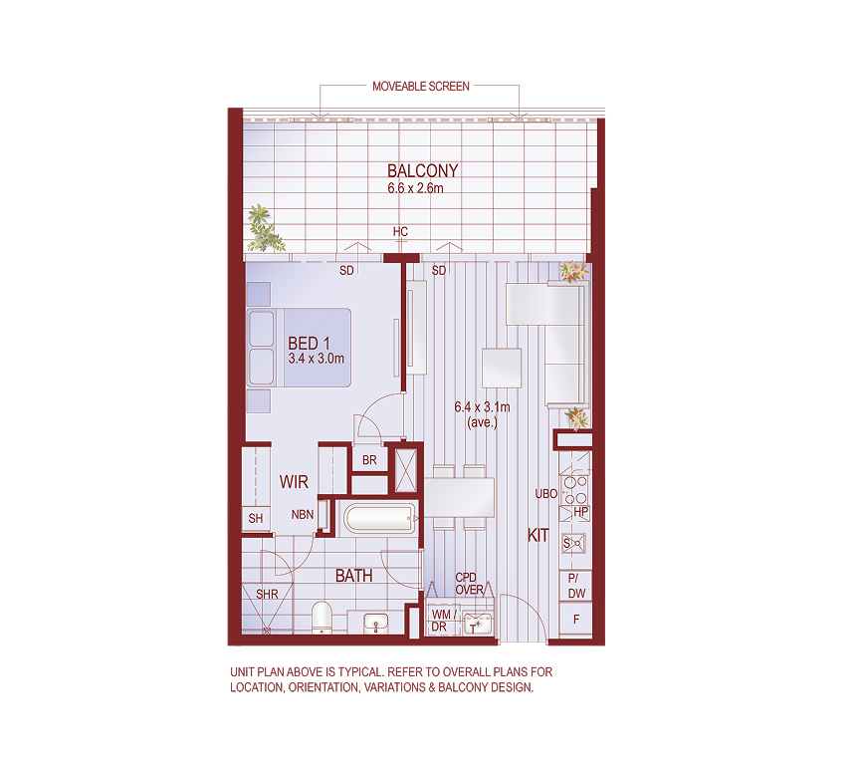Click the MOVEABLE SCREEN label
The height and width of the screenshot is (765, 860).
[420, 87]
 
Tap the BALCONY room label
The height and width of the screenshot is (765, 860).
[423, 171]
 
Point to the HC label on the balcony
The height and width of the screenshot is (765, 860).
[400, 233]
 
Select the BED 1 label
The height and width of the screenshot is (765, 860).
[309, 344]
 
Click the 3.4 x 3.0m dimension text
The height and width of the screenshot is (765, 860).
[316, 359]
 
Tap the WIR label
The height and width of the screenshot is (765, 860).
[294, 482]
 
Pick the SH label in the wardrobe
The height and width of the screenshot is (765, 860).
[256, 519]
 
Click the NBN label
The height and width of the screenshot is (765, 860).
[303, 515]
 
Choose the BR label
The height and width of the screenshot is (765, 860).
[369, 460]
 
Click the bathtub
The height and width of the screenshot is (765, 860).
[378, 519]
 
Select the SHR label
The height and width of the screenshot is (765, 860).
[267, 595]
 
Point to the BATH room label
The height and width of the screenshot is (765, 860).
[353, 576]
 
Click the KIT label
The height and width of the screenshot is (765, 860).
[538, 536]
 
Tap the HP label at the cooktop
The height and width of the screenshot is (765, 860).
[581, 512]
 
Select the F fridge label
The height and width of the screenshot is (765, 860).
[575, 620]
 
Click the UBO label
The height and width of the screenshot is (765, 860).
[545, 494]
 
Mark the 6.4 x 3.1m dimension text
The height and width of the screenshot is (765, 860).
[482, 406]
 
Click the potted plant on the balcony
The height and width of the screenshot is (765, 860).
[263, 228]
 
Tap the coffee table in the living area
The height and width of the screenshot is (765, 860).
[502, 367]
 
